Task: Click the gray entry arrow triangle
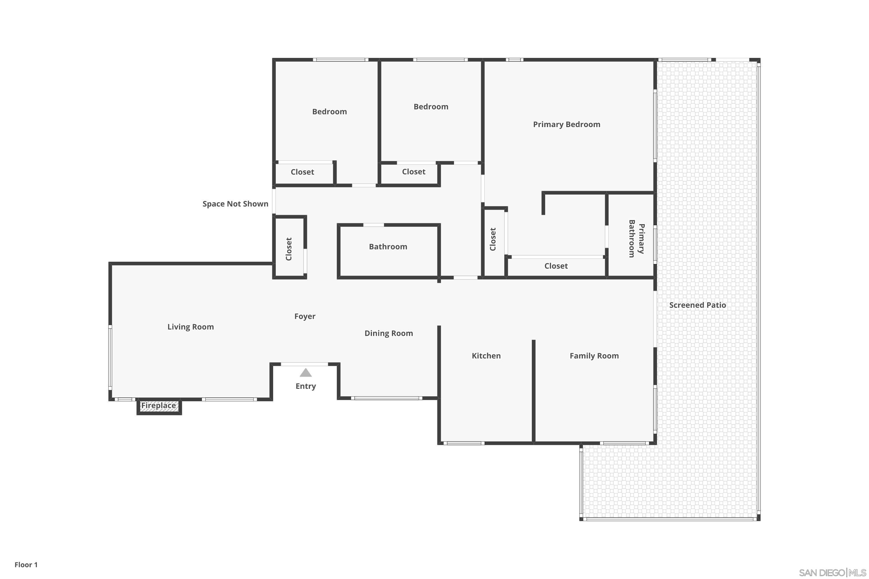306,373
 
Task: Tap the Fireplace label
158,406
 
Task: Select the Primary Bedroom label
566,124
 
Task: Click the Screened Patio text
697,305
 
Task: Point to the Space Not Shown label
235,204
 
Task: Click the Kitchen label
486,356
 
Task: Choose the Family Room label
594,356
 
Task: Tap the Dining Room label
388,333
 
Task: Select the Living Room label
190,327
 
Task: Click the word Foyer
305,316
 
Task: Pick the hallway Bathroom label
388,247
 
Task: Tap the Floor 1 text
26,565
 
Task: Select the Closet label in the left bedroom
302,172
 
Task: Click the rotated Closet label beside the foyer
289,249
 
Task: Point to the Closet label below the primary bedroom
556,266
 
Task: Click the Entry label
306,386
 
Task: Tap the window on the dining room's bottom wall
386,398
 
